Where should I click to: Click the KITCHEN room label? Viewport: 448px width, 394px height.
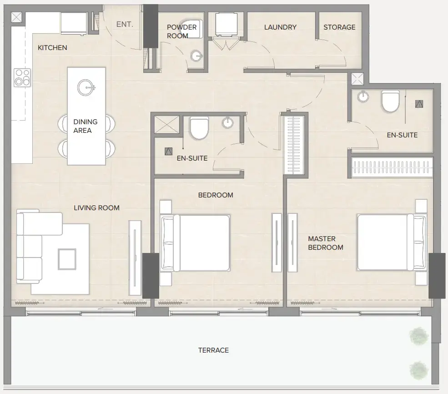[52, 48]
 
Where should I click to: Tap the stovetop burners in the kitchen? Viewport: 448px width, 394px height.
[21, 77]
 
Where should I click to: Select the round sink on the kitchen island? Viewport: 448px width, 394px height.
[86, 87]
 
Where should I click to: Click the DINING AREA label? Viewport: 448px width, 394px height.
[86, 126]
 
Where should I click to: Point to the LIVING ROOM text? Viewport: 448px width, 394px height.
[96, 208]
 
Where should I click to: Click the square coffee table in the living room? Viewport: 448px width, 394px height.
[67, 259]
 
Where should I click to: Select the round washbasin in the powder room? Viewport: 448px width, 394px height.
[196, 56]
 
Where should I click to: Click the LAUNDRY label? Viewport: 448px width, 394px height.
[280, 27]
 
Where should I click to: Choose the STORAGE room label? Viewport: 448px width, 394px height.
[339, 27]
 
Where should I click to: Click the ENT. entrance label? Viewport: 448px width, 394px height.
[125, 24]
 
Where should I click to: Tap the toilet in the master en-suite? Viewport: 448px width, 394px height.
[390, 101]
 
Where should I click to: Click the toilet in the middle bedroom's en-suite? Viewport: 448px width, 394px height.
[199, 128]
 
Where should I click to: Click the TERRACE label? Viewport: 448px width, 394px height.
[213, 350]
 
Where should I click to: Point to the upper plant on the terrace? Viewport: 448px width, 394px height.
[418, 336]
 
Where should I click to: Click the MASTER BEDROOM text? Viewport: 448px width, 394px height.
[325, 243]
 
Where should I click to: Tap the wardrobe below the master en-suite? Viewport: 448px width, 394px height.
[392, 167]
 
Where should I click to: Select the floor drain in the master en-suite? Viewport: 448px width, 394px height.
[419, 104]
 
